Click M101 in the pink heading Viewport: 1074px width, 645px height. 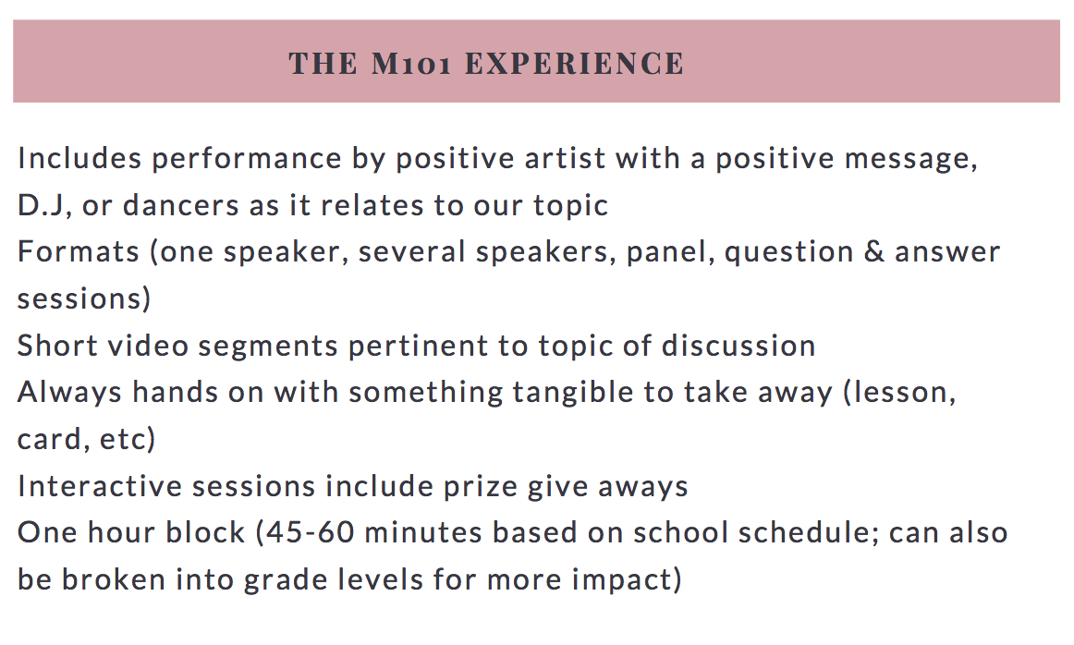tap(411, 64)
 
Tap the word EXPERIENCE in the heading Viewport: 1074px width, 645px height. tap(575, 64)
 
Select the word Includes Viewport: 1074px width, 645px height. tap(79, 158)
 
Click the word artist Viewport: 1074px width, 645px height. tap(565, 158)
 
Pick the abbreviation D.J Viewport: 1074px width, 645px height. tap(42, 205)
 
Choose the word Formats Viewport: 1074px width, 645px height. tap(78, 252)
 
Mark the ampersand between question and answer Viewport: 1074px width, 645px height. tap(874, 252)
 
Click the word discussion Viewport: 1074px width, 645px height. tap(738, 345)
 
